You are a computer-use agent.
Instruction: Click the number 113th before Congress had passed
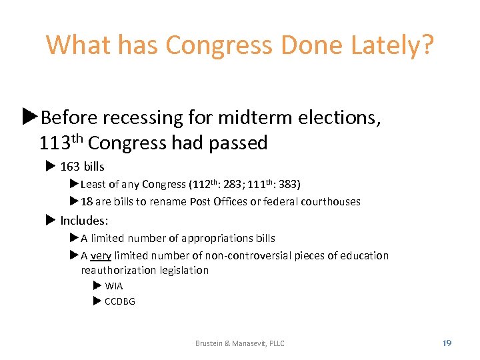pos(61,143)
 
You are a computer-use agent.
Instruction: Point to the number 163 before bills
pos(69,166)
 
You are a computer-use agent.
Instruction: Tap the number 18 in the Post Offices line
pos(87,201)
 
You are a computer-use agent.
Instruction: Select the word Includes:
pos(84,220)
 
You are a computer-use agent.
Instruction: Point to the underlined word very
pos(101,255)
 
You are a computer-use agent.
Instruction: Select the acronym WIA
pos(114,286)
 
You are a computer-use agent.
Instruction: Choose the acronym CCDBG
pos(120,301)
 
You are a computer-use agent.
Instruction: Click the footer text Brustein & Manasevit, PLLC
pos(239,343)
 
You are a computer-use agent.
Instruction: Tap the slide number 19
pos(447,343)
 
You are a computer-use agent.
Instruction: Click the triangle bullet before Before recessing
pos(29,117)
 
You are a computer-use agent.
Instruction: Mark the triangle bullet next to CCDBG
pos(97,301)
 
